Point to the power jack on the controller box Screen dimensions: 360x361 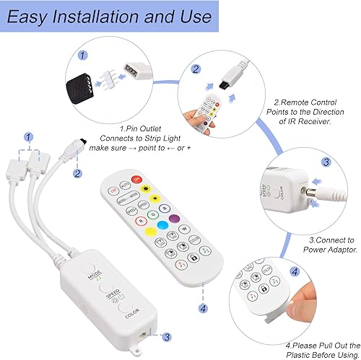click(x=144, y=335)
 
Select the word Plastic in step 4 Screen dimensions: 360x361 click(x=305, y=350)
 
